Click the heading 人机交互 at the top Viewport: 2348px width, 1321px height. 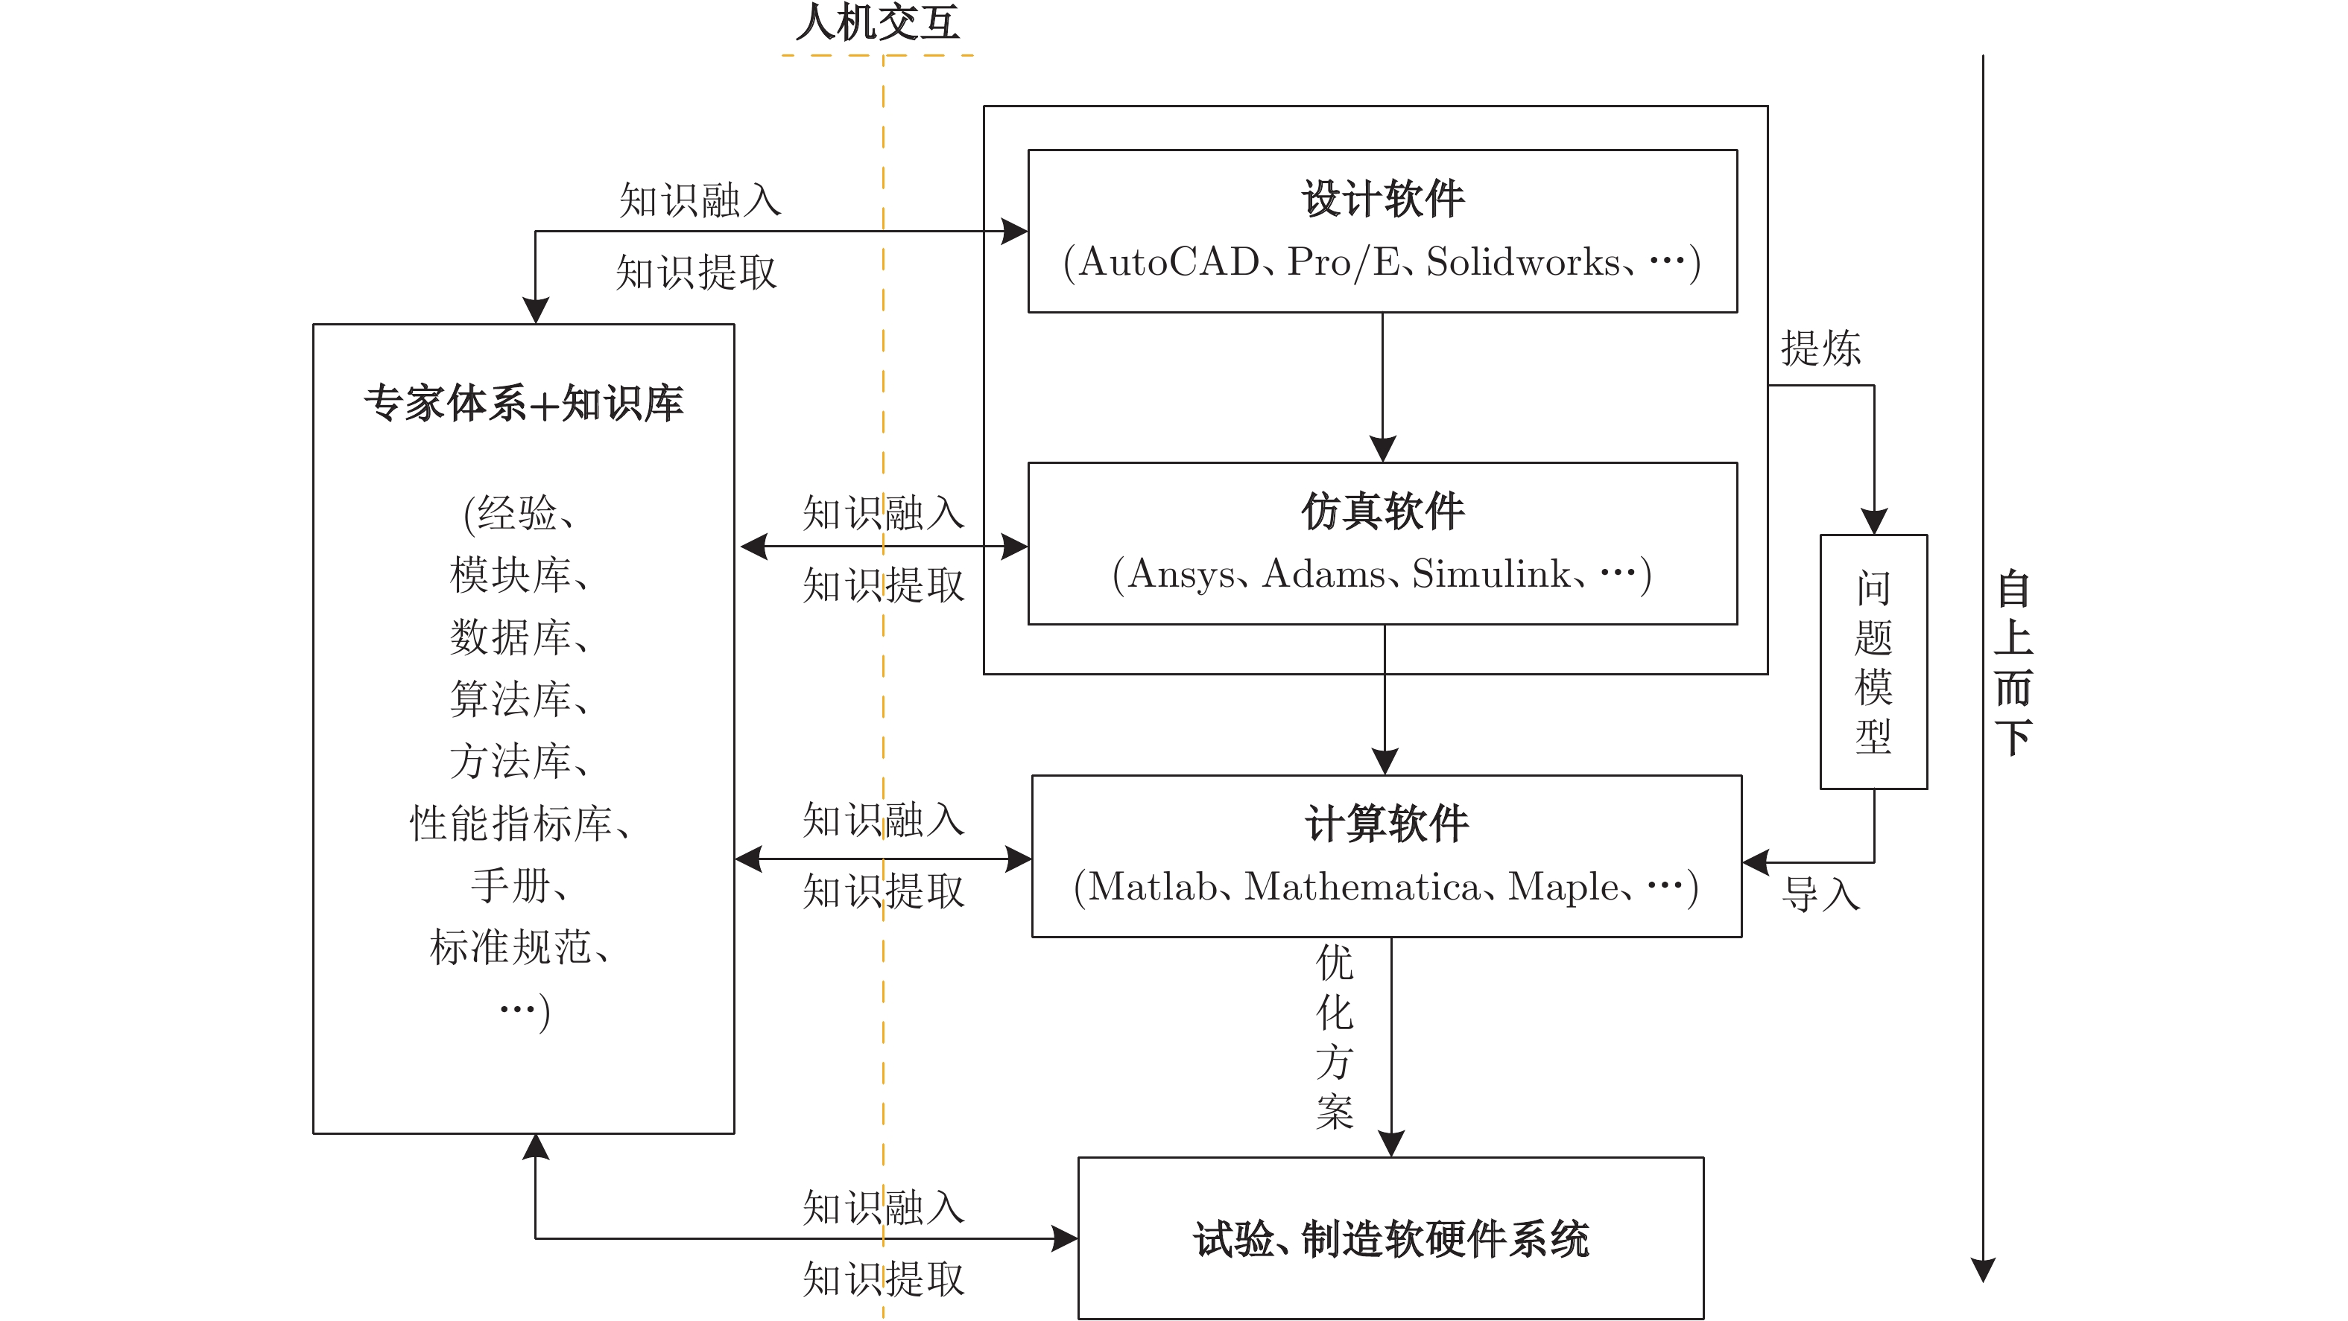(877, 23)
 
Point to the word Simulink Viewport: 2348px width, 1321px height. (1491, 574)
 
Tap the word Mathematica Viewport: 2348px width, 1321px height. (1364, 886)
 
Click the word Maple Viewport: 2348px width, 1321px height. (1563, 886)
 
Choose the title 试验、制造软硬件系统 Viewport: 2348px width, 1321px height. (1391, 1239)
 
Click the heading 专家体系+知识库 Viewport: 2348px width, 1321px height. (523, 403)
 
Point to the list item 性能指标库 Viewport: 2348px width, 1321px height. (511, 824)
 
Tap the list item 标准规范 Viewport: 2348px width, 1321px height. (511, 947)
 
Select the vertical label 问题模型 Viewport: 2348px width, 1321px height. (1873, 661)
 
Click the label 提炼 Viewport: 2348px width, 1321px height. (1820, 348)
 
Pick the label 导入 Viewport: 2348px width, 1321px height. (1820, 894)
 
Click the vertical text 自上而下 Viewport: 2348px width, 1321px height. (2013, 661)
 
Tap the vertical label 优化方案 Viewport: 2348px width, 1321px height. (1335, 1037)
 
